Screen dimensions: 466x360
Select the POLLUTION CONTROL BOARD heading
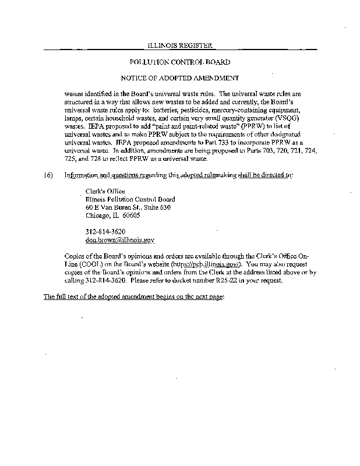[180, 62]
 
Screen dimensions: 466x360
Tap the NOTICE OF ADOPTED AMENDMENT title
[180, 77]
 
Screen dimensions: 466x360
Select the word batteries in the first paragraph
[153, 110]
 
